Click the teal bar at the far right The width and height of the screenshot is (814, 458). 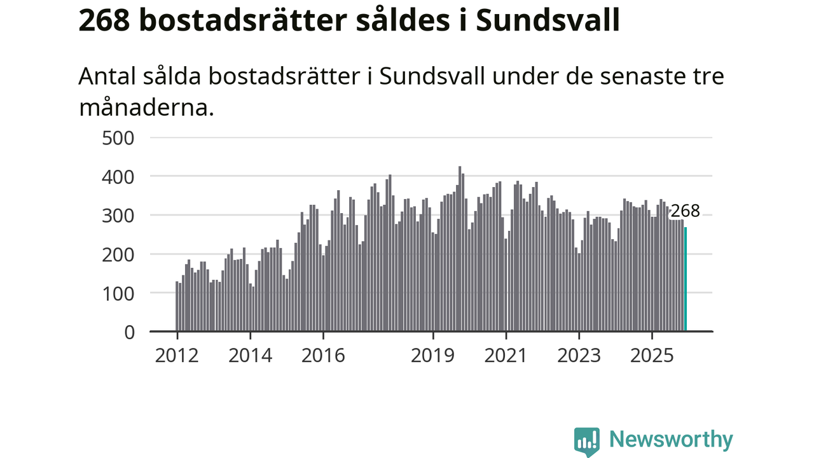[685, 279]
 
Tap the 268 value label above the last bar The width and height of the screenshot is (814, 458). [685, 211]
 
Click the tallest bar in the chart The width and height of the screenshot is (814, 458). [460, 249]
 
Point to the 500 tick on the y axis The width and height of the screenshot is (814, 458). [118, 137]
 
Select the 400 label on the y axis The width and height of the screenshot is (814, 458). [118, 176]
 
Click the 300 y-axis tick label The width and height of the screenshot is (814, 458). [118, 215]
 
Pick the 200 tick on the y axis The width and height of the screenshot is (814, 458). [118, 254]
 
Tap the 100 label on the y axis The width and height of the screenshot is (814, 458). [118, 293]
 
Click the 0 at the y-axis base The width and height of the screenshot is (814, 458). [130, 332]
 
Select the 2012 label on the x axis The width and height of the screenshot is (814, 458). [177, 355]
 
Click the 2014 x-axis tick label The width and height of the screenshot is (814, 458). [250, 355]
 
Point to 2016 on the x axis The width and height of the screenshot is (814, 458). [323, 355]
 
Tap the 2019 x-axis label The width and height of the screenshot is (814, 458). [433, 355]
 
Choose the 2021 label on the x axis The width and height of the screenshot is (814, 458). [506, 355]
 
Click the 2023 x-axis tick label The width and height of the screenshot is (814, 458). [579, 355]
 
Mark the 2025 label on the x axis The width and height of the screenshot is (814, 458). [652, 355]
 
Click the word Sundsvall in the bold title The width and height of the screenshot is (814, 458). [548, 20]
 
